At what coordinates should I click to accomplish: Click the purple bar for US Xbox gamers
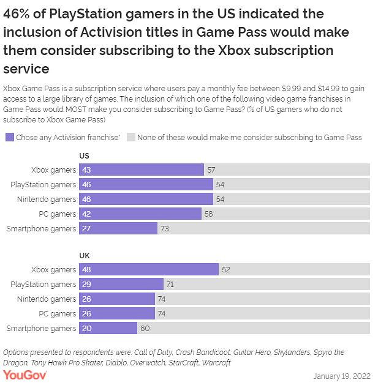tap(141, 170)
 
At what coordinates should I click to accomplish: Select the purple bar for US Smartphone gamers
tap(118, 228)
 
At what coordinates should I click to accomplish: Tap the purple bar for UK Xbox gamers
tap(148, 269)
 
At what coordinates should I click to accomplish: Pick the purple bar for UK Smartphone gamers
tap(107, 328)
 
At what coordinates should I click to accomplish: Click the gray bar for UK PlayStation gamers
tap(266, 284)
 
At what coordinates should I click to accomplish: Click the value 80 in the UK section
tap(145, 328)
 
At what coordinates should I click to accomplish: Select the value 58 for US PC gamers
tap(210, 214)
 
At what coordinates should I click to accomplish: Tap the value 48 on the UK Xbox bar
tap(86, 269)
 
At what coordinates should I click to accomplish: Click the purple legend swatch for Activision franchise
tap(9, 137)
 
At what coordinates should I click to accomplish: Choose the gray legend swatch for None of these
tap(130, 137)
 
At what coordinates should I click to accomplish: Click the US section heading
tap(85, 156)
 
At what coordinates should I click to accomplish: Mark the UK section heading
tap(85, 256)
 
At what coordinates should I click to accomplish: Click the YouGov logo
tap(27, 375)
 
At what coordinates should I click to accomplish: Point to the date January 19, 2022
tap(342, 375)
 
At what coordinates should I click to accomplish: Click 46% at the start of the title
tap(18, 14)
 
